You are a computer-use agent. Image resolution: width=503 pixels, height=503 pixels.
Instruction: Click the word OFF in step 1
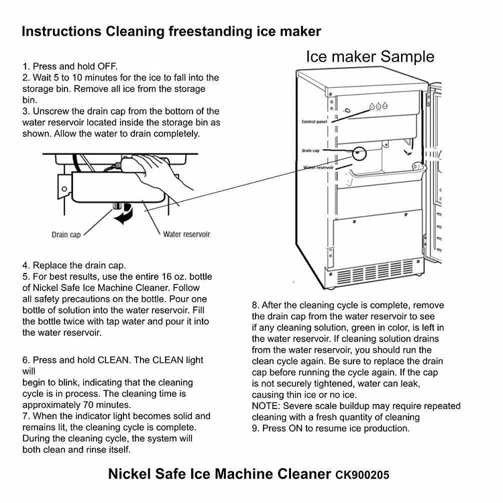pyautogui.click(x=107, y=66)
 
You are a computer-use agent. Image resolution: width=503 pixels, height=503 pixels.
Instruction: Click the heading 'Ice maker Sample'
pyautogui.click(x=370, y=57)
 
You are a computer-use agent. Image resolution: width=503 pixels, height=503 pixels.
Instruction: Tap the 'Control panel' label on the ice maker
pyautogui.click(x=315, y=121)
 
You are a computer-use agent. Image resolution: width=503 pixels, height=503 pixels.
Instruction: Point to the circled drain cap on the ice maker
pyautogui.click(x=359, y=154)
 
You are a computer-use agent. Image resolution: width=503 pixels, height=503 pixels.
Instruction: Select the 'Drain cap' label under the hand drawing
pyautogui.click(x=66, y=235)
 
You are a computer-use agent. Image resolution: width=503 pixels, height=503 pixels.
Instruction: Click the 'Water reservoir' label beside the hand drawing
pyautogui.click(x=186, y=234)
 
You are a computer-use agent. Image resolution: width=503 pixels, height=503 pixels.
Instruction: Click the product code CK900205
pyautogui.click(x=362, y=475)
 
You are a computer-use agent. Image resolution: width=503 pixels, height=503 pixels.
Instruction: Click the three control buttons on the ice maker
pyautogui.click(x=378, y=106)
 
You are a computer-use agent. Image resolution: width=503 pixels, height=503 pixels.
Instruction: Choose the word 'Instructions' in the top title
pyautogui.click(x=62, y=32)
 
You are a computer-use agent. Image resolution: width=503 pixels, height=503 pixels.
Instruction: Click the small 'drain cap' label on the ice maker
pyautogui.click(x=311, y=150)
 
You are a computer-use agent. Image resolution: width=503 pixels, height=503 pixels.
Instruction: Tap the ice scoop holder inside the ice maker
pyautogui.click(x=386, y=170)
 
